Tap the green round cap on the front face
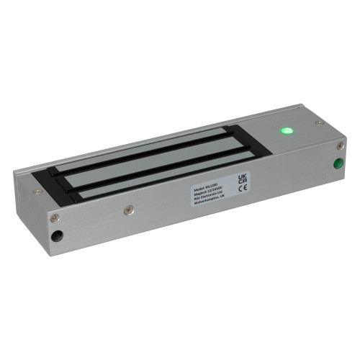point(336,163)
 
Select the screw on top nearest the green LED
point(318,122)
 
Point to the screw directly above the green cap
point(340,146)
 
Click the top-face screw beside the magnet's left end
point(37,192)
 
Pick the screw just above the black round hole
point(54,217)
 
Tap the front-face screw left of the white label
point(129,210)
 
